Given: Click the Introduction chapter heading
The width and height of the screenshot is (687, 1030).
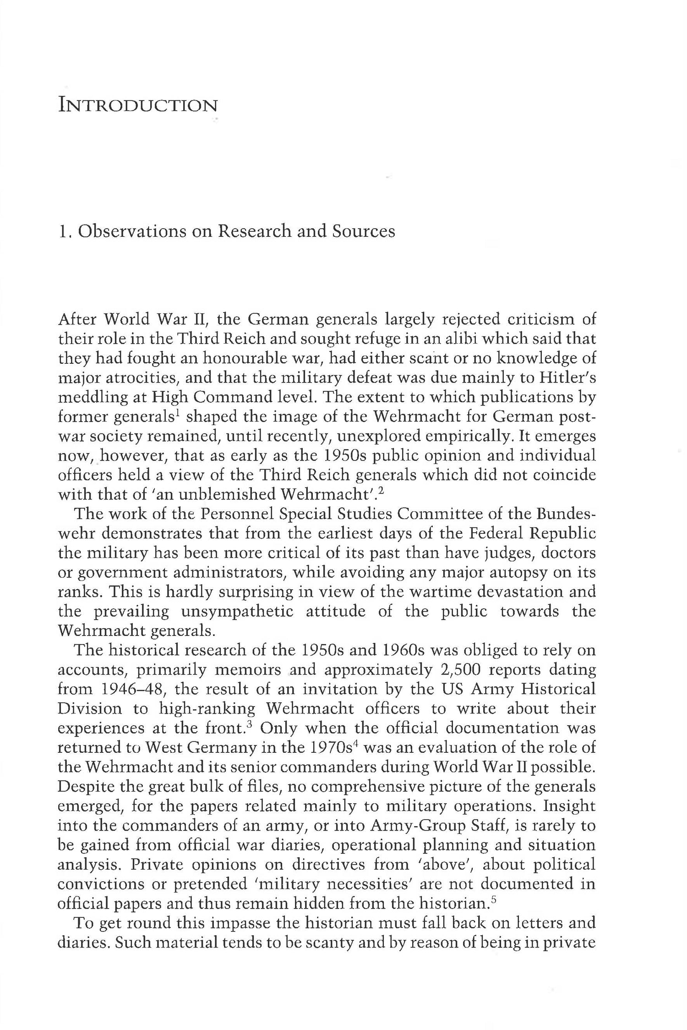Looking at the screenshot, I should click(138, 106).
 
